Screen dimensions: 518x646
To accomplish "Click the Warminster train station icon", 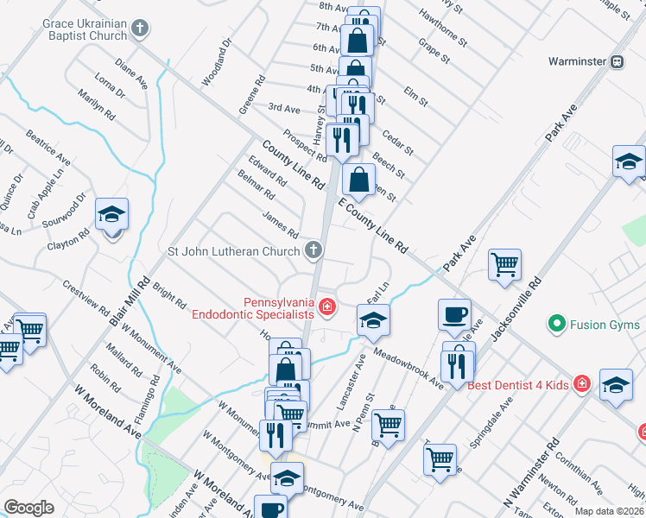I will pyautogui.click(x=617, y=61).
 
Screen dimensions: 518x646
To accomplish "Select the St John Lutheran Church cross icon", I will pyautogui.click(x=314, y=251).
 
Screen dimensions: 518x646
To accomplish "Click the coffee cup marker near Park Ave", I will pyautogui.click(x=454, y=314).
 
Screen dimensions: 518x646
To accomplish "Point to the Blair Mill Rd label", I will pyautogui.click(x=130, y=301).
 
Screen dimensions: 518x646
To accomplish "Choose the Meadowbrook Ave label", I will pyautogui.click(x=409, y=369).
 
